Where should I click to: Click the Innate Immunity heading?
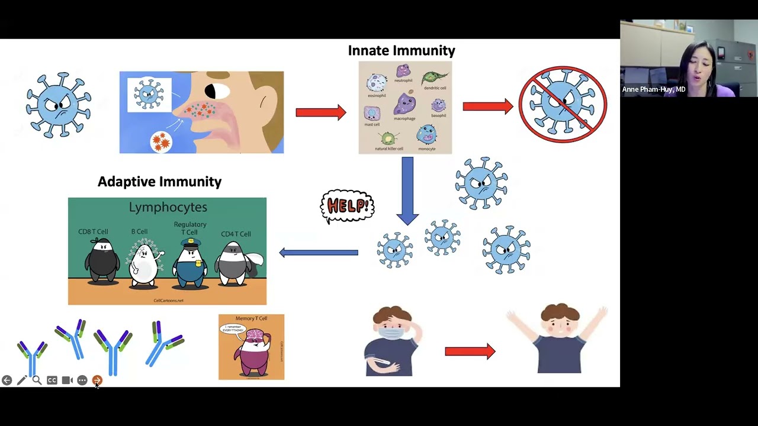(402, 51)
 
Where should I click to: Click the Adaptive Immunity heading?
(159, 182)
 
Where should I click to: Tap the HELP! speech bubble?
(348, 206)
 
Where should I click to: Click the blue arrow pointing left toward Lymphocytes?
(319, 253)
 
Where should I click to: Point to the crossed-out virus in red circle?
(563, 105)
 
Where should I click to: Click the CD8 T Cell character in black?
(102, 261)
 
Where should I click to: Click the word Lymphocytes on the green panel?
(168, 207)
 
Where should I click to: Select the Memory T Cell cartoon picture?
(251, 347)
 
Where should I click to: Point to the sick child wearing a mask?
(391, 342)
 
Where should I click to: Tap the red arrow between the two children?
(470, 351)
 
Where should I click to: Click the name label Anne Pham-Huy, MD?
(654, 89)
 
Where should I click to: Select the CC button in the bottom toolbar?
(52, 380)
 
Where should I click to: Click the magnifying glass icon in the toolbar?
(37, 380)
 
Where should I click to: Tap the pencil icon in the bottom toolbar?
(21, 380)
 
